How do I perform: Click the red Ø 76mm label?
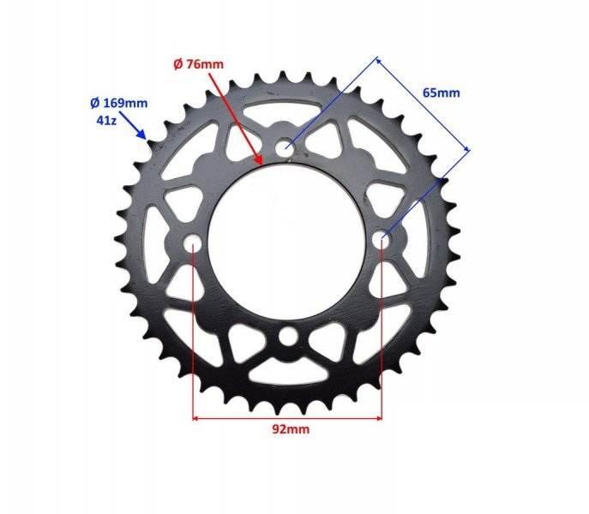coord(198,64)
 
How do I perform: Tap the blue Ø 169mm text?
coord(119,103)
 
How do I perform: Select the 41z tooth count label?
coord(106,121)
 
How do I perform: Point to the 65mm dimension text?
coord(441,93)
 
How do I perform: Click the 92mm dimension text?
coord(291,429)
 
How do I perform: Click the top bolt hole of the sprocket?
coord(285,147)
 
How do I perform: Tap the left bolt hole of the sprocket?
coord(192,244)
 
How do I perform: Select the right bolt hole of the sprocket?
coord(382,238)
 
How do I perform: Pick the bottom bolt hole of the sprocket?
coord(287,336)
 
